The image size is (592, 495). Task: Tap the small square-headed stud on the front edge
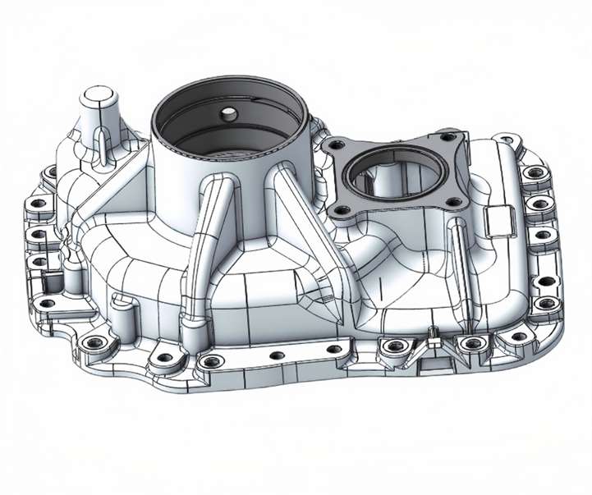pos(429,332)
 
